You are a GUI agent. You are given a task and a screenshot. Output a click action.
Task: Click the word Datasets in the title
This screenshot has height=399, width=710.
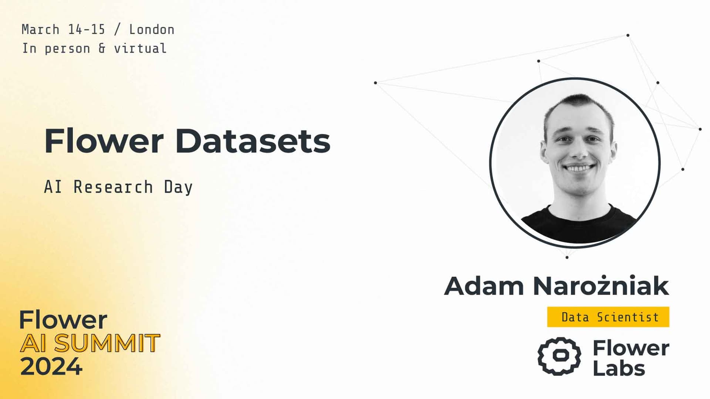coord(253,141)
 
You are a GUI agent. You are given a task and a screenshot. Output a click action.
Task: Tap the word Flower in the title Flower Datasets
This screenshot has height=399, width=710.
coord(104,141)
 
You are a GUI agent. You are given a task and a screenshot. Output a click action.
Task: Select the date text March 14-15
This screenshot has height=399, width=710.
coord(63,30)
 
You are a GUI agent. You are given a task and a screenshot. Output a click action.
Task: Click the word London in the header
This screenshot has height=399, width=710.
coord(152,30)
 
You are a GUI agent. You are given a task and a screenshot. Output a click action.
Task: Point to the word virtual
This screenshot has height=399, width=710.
coord(140,48)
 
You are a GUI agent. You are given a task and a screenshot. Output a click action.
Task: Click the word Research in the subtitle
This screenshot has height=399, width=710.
coord(113,187)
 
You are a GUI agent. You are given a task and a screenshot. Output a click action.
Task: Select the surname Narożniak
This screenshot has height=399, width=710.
coord(601,285)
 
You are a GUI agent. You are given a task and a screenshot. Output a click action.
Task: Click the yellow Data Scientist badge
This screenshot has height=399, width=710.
coord(608,317)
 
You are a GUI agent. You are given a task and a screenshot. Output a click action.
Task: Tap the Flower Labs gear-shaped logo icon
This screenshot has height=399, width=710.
coord(559,356)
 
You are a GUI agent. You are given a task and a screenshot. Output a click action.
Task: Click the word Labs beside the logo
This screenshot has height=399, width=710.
coord(619,368)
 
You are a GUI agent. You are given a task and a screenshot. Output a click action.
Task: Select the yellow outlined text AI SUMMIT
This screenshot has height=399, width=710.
coord(90,343)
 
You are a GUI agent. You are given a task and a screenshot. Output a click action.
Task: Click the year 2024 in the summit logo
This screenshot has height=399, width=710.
coord(51,366)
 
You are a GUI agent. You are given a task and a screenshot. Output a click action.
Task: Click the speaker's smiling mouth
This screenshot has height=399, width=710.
coord(579,168)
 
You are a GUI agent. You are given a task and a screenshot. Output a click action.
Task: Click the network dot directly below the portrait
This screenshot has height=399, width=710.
coord(567,257)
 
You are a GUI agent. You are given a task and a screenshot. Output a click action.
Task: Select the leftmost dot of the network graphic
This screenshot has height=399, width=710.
coord(375,83)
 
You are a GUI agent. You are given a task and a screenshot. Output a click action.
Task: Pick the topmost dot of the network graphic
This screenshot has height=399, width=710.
coord(628,35)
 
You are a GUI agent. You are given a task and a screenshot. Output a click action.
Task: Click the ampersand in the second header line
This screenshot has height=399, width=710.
coord(102,48)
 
